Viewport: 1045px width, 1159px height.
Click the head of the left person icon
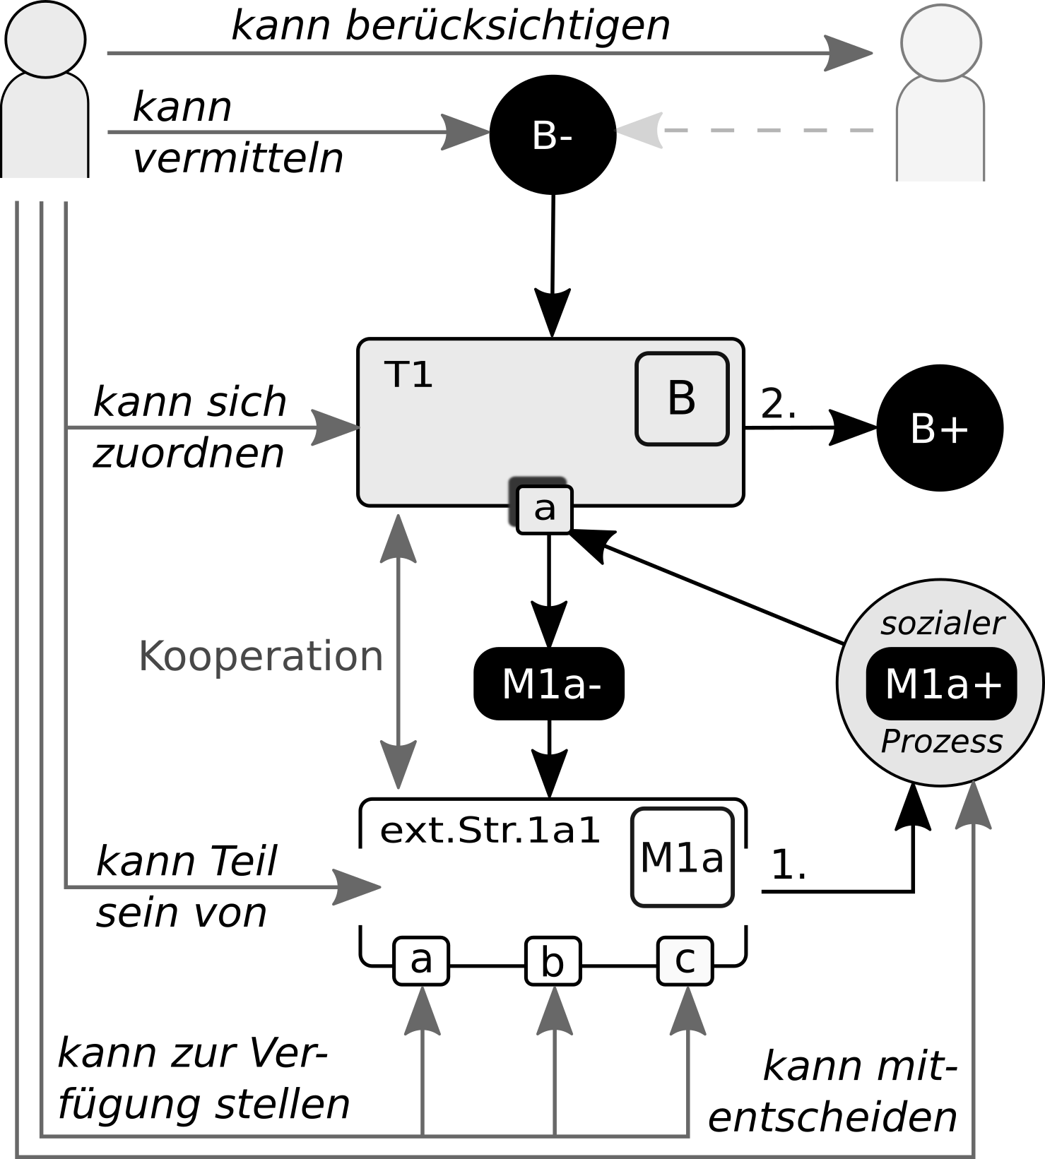(45, 39)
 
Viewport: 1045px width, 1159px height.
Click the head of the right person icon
(941, 43)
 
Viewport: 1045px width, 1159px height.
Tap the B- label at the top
(551, 136)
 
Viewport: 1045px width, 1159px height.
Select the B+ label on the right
(938, 429)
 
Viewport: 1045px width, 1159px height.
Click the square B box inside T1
(682, 399)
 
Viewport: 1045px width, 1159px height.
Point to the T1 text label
(408, 375)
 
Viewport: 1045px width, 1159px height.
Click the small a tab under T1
(544, 509)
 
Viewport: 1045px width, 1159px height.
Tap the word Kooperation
(261, 656)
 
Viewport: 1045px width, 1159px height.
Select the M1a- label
(551, 684)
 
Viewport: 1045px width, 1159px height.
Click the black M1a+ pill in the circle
(942, 684)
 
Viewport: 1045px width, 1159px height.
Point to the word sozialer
(942, 624)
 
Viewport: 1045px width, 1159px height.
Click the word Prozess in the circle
(942, 742)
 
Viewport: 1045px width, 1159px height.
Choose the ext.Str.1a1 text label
(490, 831)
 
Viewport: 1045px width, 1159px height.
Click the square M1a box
(682, 857)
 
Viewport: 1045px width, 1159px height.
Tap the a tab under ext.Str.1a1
(421, 960)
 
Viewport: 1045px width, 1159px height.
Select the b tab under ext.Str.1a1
(553, 961)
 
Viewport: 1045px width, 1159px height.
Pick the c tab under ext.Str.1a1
(685, 960)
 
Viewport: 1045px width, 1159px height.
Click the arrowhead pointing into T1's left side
(336, 427)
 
